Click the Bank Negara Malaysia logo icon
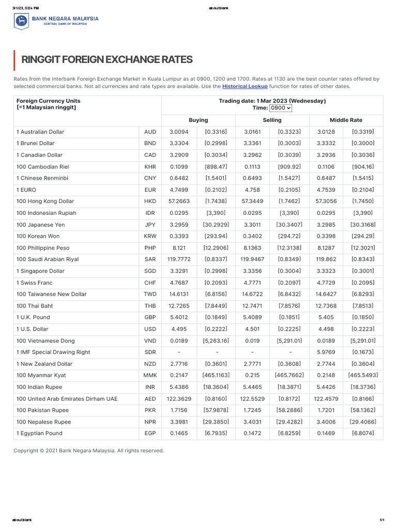coord(21,21)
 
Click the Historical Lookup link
coord(245,86)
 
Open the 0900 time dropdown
coord(280,108)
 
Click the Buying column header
coord(198,120)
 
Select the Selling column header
coord(272,120)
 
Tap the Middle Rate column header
coord(346,120)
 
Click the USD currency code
coord(150,329)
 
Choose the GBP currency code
coord(150,317)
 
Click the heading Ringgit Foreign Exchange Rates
coord(106,59)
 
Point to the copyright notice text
coord(88,450)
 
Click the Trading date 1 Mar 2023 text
coord(272,101)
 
